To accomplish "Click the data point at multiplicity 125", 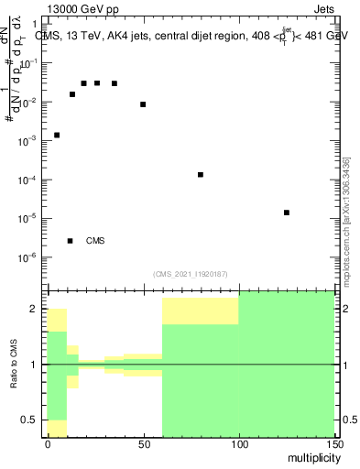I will point(287,213).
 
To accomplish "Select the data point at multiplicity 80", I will point(201,174).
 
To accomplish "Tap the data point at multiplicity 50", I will point(143,104).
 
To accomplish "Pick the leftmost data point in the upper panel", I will point(57,135).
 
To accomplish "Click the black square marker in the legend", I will point(70,241).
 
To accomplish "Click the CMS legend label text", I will point(95,241).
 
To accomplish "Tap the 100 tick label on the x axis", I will point(238,444).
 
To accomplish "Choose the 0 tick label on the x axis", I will point(48,444).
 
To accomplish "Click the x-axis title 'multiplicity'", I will point(310,456).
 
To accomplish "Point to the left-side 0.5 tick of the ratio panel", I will point(34,420).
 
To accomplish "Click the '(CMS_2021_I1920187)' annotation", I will point(191,273).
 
